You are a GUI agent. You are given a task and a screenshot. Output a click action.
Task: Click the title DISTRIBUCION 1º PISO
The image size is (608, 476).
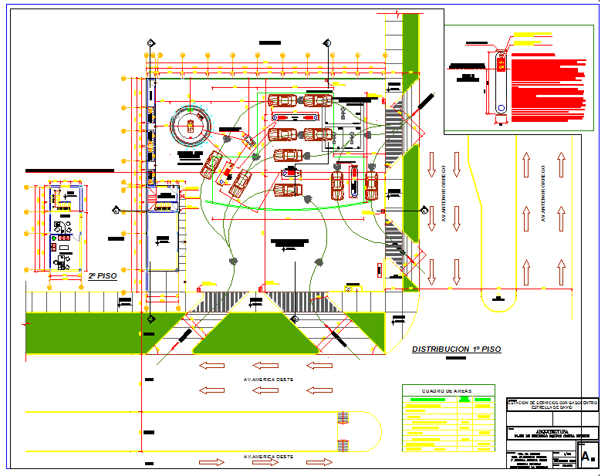pyautogui.click(x=456, y=349)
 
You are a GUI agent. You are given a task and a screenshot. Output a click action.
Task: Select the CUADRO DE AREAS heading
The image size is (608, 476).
pyautogui.click(x=448, y=391)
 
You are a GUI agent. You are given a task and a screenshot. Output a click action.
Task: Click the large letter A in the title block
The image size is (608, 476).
pyautogui.click(x=586, y=456)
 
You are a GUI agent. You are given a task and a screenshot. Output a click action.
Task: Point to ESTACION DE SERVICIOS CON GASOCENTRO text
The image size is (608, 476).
pyautogui.click(x=551, y=401)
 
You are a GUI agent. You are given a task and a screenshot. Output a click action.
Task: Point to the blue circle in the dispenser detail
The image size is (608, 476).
pyautogui.click(x=501, y=109)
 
